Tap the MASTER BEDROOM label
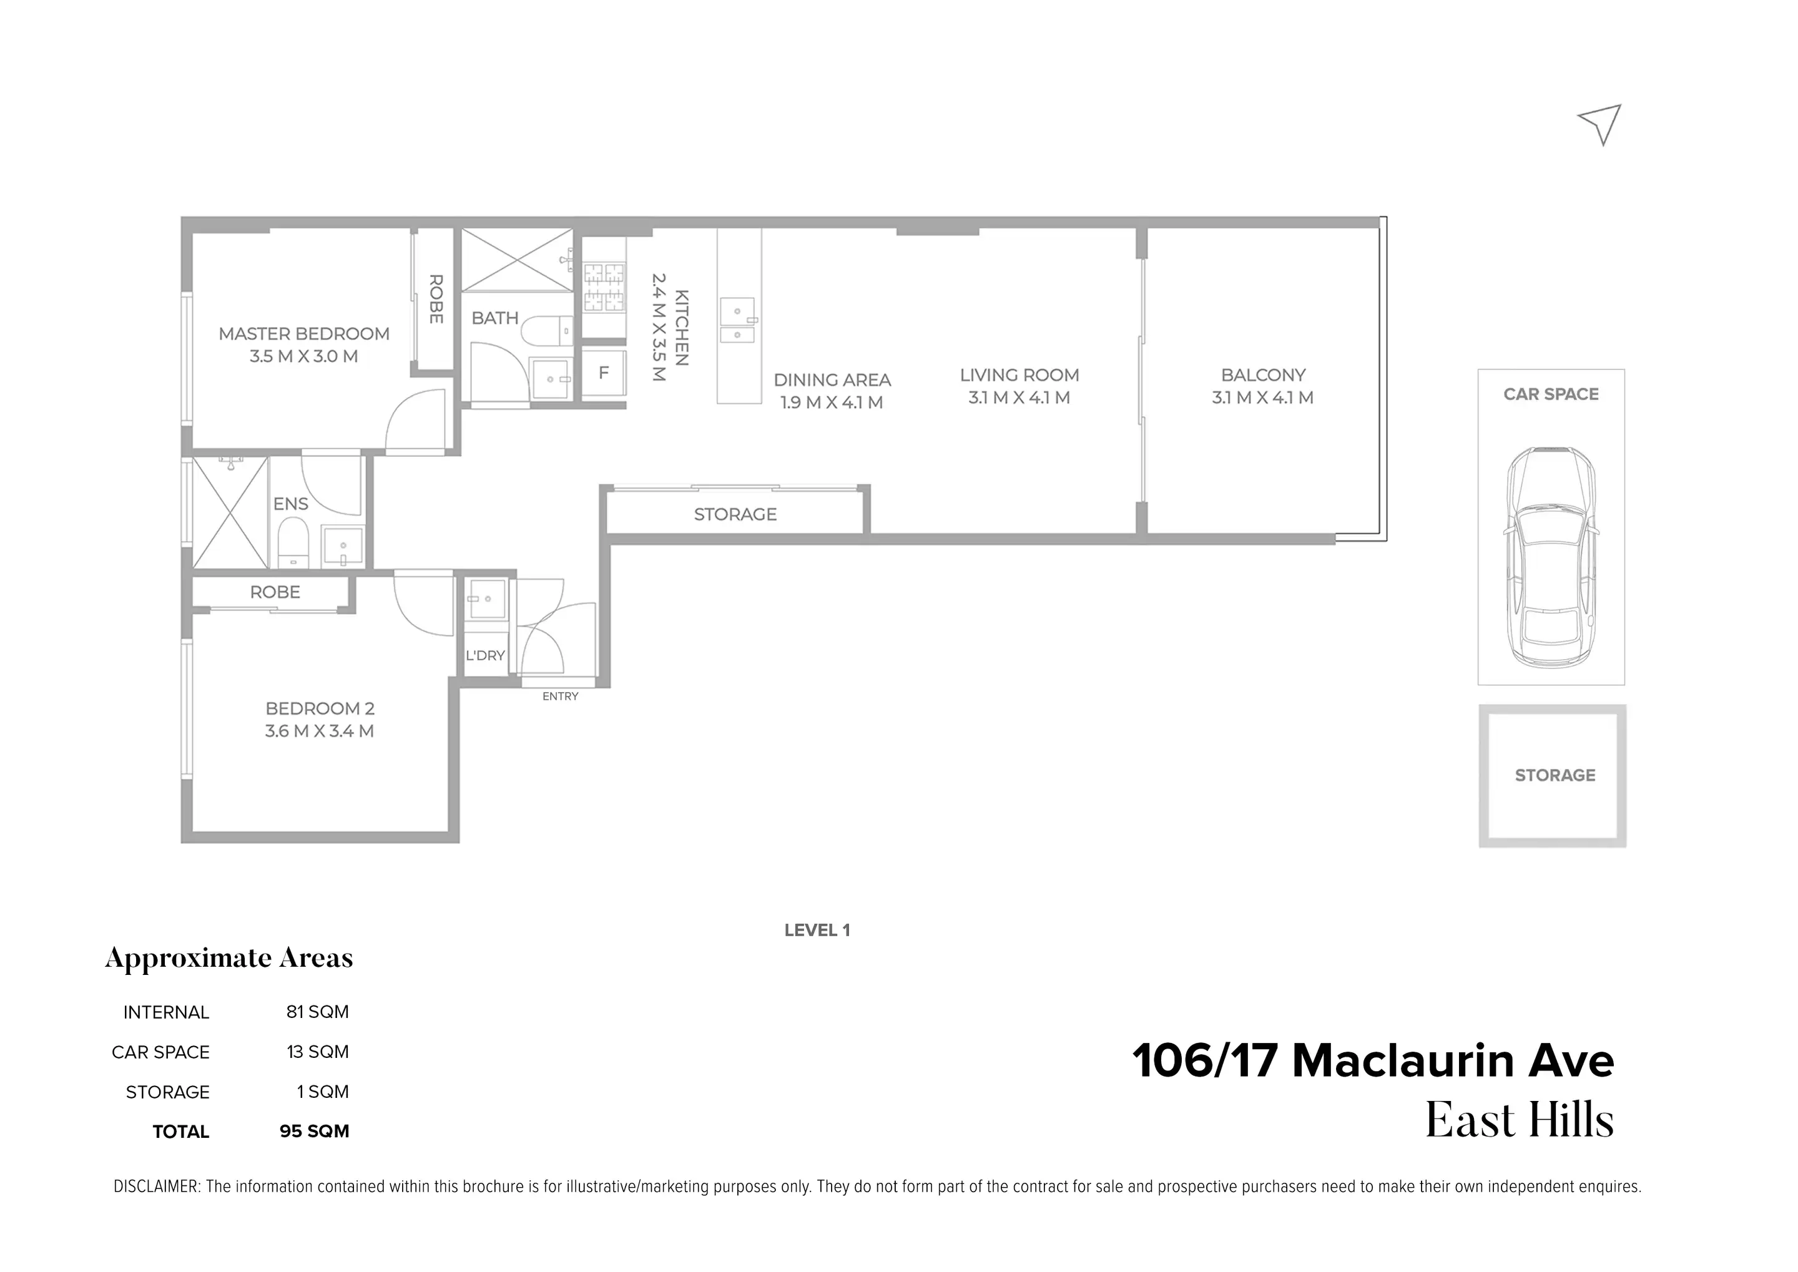click(x=304, y=335)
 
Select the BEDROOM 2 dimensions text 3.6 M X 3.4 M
click(x=319, y=731)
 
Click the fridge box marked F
click(x=603, y=373)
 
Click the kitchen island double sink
click(x=737, y=320)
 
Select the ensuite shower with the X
click(x=230, y=513)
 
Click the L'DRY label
click(x=485, y=655)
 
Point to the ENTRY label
click(x=560, y=697)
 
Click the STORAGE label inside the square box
click(x=1555, y=775)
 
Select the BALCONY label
click(x=1263, y=375)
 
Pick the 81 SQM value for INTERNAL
click(x=317, y=1012)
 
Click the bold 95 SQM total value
click(x=314, y=1132)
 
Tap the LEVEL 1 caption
click(x=817, y=931)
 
